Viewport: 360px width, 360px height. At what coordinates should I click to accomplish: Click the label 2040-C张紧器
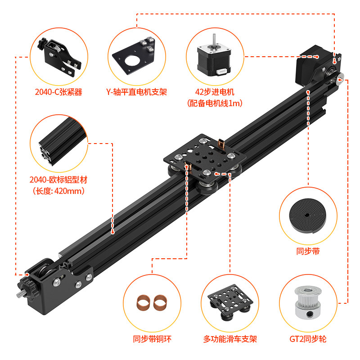coord(58,92)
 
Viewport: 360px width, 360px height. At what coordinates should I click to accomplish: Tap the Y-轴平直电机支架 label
coord(136,92)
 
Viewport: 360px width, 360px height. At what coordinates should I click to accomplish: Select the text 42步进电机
coord(215,92)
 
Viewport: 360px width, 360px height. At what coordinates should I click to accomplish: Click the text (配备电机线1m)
coord(215,103)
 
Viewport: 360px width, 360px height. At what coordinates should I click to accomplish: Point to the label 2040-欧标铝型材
coord(58,180)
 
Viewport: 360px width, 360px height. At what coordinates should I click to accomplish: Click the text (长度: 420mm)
coord(58,191)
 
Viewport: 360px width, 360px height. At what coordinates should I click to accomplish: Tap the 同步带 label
coord(309,252)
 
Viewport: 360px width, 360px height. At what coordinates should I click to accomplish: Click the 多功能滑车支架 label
coord(230,339)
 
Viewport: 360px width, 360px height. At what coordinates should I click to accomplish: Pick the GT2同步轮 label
coord(309,339)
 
